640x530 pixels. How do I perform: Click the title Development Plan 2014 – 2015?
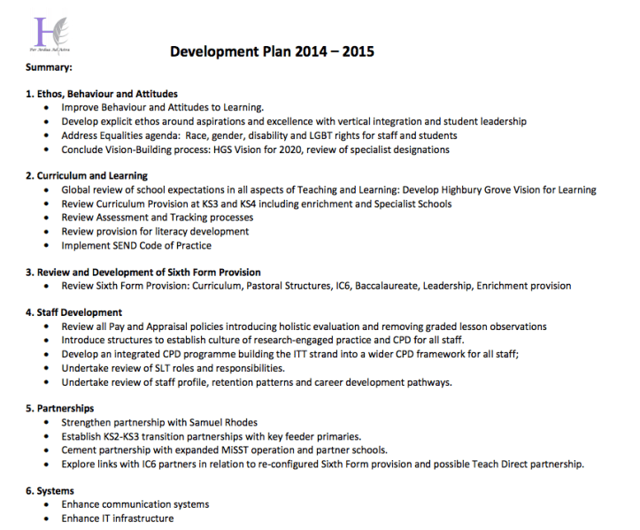(x=272, y=51)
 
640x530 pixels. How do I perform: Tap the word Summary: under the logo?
(x=50, y=67)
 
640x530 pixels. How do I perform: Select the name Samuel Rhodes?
(x=209, y=423)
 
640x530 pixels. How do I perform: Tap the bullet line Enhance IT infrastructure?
(x=118, y=518)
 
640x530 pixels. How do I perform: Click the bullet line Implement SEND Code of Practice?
(x=136, y=245)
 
